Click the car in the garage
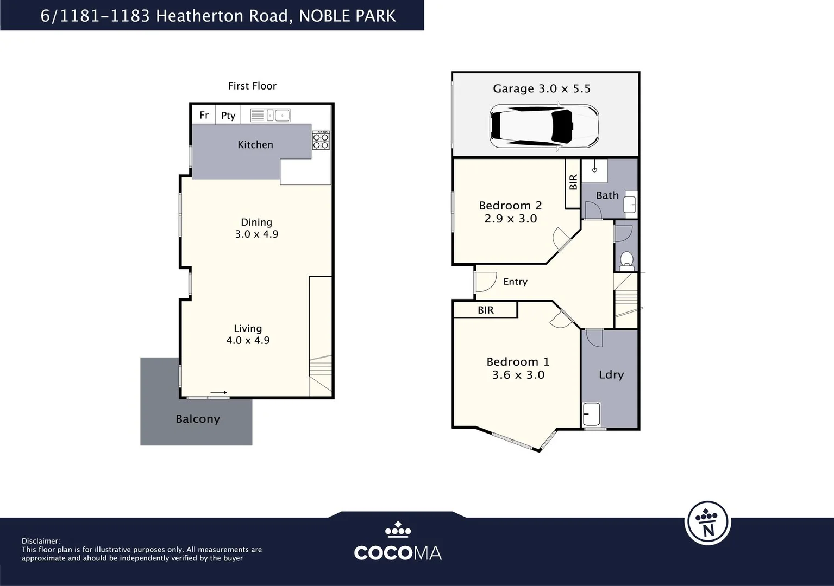click(544, 126)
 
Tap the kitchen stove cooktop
click(321, 140)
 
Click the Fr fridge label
click(204, 115)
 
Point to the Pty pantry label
click(228, 116)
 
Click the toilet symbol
click(626, 261)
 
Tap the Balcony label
click(198, 419)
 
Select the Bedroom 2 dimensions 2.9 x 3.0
click(511, 218)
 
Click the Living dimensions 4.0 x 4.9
click(248, 340)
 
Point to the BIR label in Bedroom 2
click(573, 182)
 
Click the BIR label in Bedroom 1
click(486, 310)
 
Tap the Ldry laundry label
click(611, 375)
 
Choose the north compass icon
click(708, 523)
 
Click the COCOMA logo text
click(398, 553)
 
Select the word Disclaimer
click(41, 541)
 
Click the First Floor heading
click(252, 86)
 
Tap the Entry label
click(515, 282)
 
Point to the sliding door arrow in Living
click(218, 392)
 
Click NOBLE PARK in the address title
click(347, 16)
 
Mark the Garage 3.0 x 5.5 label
click(542, 88)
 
